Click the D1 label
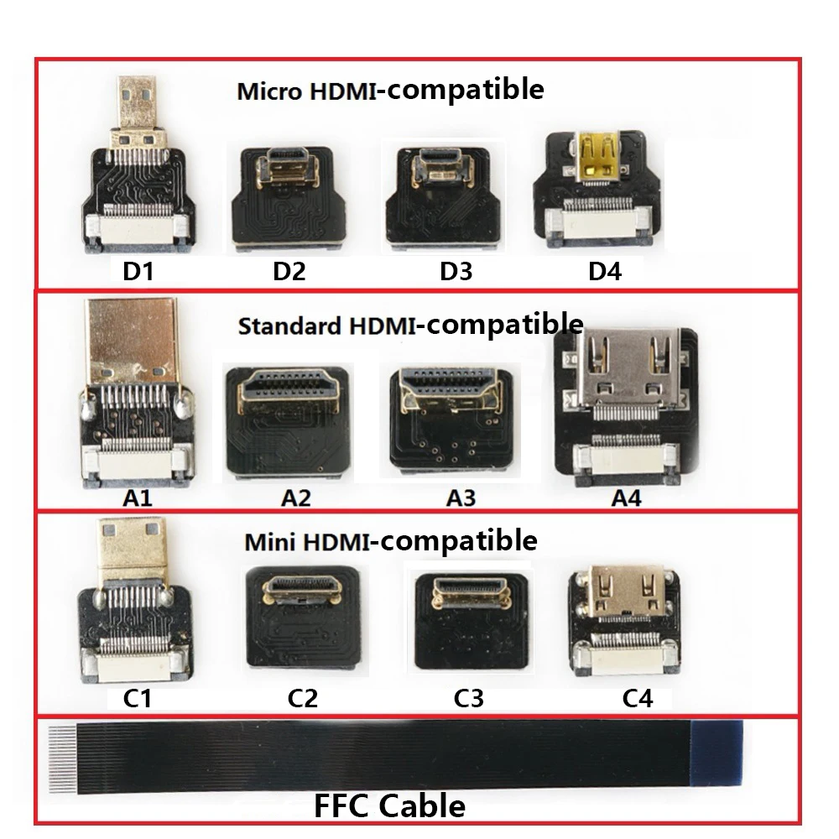point(139,272)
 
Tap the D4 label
point(605,272)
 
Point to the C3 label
point(467,698)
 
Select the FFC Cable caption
point(389,806)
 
